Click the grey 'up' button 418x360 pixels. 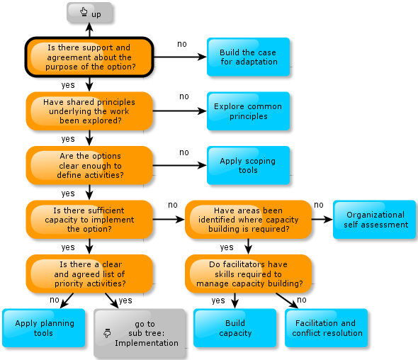tap(89, 12)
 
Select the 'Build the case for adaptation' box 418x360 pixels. tap(248, 57)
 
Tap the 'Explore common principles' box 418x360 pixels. tap(248, 111)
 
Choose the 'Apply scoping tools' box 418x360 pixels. tap(248, 165)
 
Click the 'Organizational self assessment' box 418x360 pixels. tap(374, 220)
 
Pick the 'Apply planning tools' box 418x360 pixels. tap(44, 328)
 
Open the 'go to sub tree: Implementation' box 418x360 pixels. tap(140, 333)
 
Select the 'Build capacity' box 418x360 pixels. tap(235, 328)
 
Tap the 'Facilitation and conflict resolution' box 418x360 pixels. tap(327, 328)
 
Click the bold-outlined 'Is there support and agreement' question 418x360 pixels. tap(89, 57)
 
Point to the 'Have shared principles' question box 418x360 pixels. tap(89, 111)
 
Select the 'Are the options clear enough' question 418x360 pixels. tap(89, 165)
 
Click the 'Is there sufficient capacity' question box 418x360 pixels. tap(89, 220)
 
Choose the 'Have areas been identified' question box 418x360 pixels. tap(248, 220)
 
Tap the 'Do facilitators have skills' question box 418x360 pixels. tap(248, 274)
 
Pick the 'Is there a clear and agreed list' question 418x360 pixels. tap(89, 274)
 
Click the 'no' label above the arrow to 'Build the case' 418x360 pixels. tap(182, 44)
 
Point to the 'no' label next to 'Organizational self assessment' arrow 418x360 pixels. tap(319, 205)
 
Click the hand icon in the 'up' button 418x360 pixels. tap(84, 12)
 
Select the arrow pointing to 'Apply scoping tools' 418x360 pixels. tap(180, 165)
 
